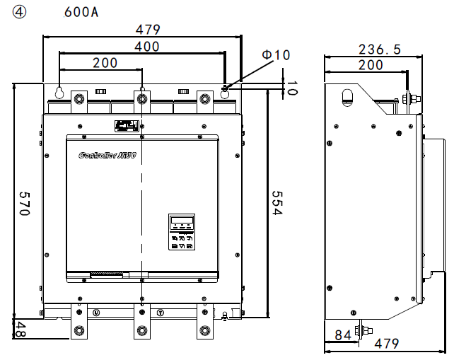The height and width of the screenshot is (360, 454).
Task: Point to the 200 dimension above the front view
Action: pyautogui.click(x=105, y=63)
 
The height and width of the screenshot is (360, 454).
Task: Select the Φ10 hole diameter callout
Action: pyautogui.click(x=276, y=54)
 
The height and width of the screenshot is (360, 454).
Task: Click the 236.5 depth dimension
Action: pyautogui.click(x=379, y=50)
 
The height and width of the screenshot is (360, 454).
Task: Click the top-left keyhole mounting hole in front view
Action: pyautogui.click(x=59, y=92)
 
